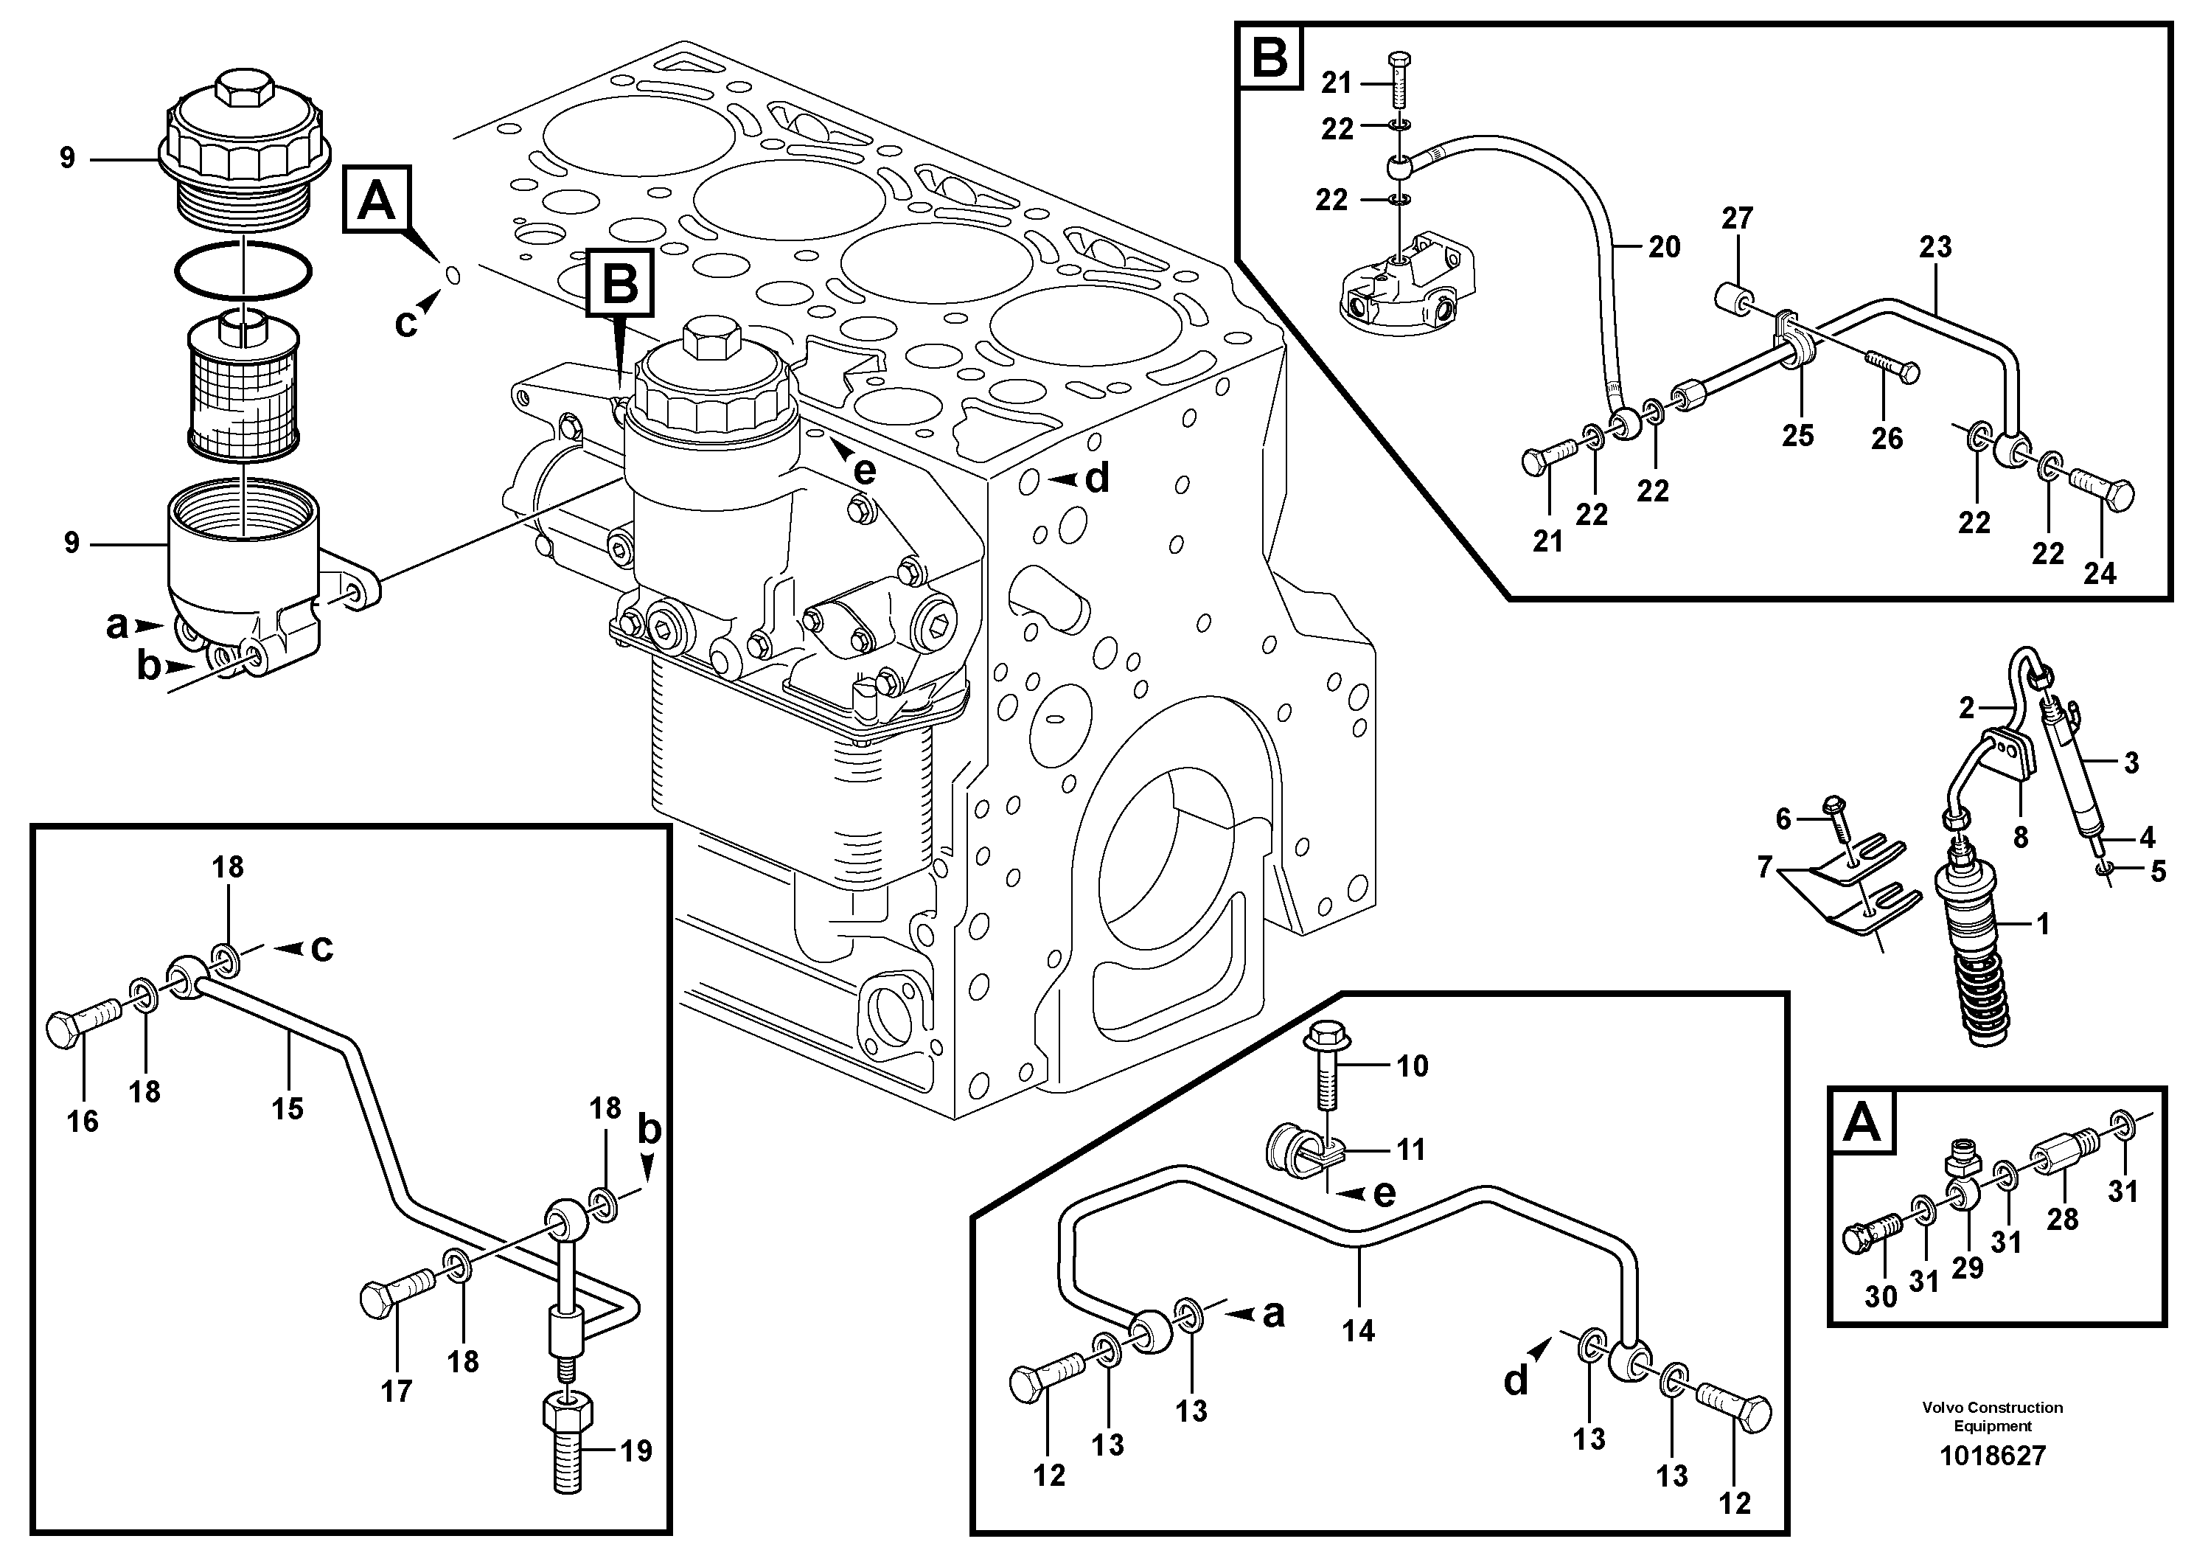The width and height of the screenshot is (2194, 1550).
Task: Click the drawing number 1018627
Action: pos(1993,1456)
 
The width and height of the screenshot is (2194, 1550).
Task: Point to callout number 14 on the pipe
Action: pos(1357,1330)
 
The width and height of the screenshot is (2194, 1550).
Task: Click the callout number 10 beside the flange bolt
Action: pos(1413,1066)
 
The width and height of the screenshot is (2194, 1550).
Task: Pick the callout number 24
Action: pos(2100,574)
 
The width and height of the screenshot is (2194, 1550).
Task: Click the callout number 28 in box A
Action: pos(2062,1220)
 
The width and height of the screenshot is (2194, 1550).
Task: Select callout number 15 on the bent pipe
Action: pos(287,1108)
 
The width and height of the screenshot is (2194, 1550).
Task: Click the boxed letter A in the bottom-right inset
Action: pos(1862,1124)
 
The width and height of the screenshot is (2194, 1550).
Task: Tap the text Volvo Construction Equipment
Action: pos(1993,1417)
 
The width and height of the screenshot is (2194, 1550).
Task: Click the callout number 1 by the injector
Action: pos(2042,924)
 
